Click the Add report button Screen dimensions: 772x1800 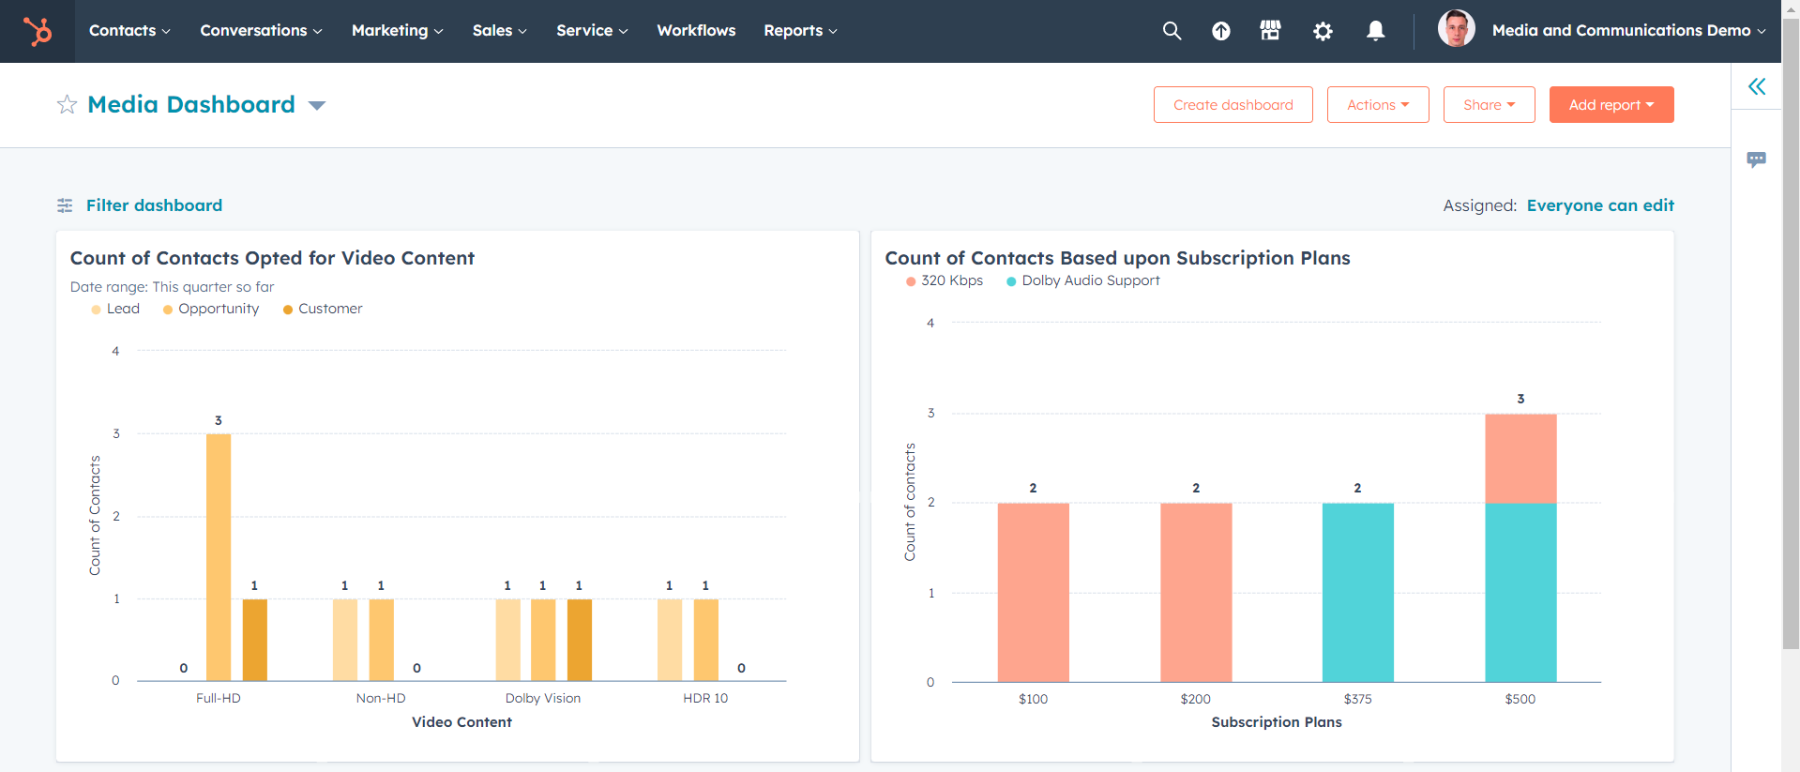tap(1611, 105)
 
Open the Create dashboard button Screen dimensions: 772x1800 tap(1233, 105)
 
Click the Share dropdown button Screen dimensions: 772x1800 tap(1489, 105)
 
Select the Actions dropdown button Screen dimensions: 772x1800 tap(1377, 105)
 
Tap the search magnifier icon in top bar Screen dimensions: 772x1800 tap(1172, 31)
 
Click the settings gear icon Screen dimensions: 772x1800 tap(1323, 31)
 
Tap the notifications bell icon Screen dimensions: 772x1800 tap(1375, 31)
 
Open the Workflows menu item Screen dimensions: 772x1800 tap(696, 31)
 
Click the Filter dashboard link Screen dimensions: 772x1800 tap(154, 205)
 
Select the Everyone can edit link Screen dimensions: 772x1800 tap(1600, 205)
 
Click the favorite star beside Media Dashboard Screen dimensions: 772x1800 tap(67, 105)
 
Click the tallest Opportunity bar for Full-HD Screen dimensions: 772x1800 tap(219, 557)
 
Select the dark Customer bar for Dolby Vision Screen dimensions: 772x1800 tap(580, 640)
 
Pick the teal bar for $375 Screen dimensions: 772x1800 tap(1357, 593)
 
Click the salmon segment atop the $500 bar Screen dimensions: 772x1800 tap(1520, 459)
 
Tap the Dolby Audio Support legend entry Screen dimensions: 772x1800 tap(1090, 280)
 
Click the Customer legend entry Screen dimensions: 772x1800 tap(329, 309)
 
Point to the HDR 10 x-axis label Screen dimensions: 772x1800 tap(705, 698)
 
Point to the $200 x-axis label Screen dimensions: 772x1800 tap(1195, 699)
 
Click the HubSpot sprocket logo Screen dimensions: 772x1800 tap(38, 31)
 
